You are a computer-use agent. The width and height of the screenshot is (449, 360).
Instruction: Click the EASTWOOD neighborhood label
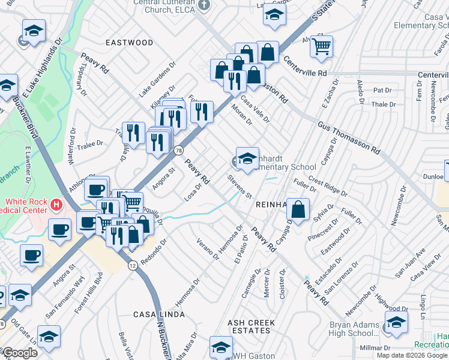click(129, 43)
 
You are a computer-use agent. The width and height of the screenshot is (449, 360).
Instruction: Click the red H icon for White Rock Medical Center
click(56, 205)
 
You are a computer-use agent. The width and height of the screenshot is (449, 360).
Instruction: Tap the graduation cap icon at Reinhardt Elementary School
click(247, 158)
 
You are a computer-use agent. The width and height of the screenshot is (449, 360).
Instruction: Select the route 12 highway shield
click(131, 264)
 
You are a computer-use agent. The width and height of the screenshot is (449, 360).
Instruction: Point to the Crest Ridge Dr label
click(328, 187)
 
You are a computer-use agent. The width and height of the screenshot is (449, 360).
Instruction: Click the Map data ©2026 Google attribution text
click(411, 355)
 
